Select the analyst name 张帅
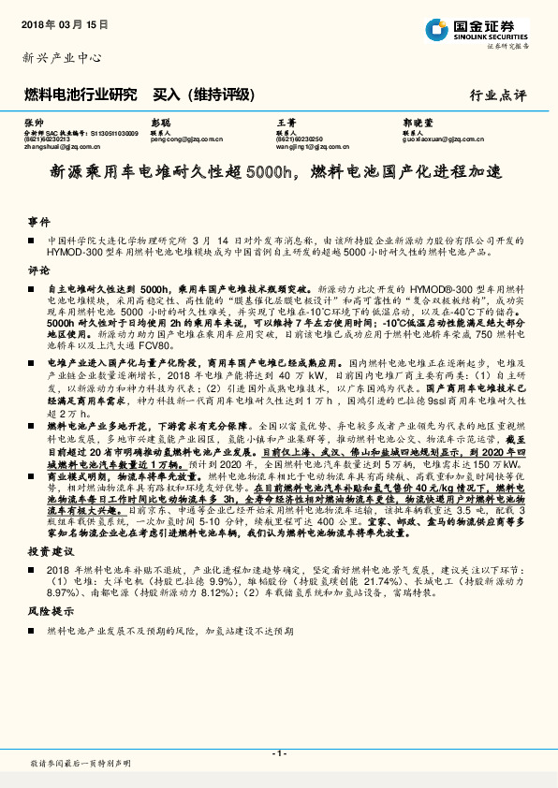coord(35,124)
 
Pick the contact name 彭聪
coord(161,124)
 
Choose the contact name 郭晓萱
coord(418,124)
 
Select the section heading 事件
coord(38,222)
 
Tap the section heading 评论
coord(38,268)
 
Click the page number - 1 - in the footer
coord(278,754)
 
